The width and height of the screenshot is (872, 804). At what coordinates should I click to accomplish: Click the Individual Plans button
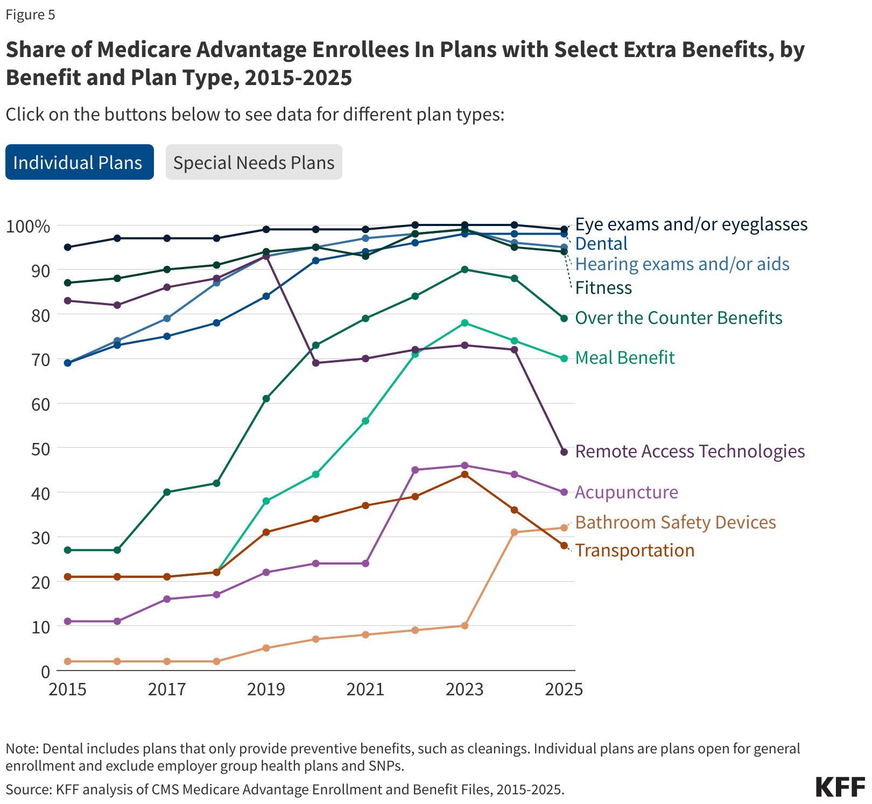[x=79, y=163]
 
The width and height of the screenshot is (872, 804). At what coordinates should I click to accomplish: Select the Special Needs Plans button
[x=254, y=163]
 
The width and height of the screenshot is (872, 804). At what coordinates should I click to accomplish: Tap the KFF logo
[x=840, y=787]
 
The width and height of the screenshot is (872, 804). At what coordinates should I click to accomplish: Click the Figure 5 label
[x=30, y=15]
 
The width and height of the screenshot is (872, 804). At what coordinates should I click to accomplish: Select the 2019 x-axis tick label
[x=266, y=689]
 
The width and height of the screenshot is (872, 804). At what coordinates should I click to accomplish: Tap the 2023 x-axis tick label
[x=465, y=689]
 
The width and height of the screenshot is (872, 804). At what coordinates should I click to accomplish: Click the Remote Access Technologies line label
[x=690, y=452]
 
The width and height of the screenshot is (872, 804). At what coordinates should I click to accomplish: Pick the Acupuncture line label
[x=627, y=492]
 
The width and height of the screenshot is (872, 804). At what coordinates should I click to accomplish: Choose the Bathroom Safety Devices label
[x=676, y=523]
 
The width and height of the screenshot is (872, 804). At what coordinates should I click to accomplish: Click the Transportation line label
[x=635, y=551]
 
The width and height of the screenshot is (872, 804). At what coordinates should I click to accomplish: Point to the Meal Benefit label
[x=624, y=358]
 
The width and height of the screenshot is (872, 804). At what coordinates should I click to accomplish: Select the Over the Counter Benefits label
[x=678, y=318]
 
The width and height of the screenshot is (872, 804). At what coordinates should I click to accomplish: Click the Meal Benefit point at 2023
[x=465, y=323]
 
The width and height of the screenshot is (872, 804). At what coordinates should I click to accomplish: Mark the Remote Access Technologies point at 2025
[x=564, y=452]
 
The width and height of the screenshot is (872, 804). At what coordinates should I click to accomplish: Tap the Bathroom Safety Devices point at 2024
[x=514, y=532]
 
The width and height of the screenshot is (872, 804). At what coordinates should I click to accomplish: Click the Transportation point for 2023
[x=465, y=474]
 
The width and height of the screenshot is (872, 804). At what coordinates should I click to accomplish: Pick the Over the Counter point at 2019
[x=266, y=399]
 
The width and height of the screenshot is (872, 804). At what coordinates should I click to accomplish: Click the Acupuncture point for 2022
[x=415, y=470]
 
